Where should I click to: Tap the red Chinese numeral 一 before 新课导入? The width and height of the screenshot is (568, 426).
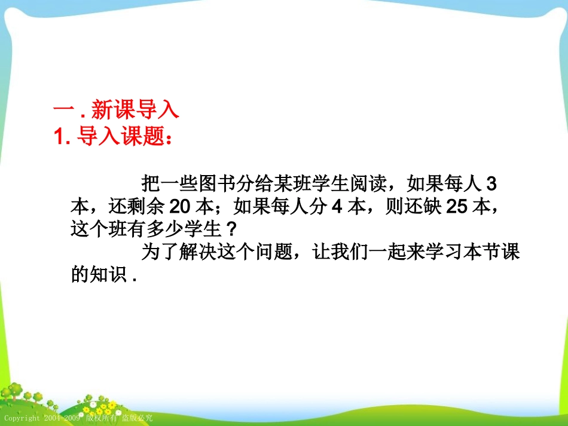(x=62, y=111)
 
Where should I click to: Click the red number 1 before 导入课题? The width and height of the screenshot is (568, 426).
(x=60, y=137)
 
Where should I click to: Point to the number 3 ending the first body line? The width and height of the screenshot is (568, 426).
(x=492, y=183)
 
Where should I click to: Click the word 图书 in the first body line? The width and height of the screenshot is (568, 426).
(x=227, y=183)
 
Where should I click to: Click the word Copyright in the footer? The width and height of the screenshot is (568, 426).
(x=22, y=418)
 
